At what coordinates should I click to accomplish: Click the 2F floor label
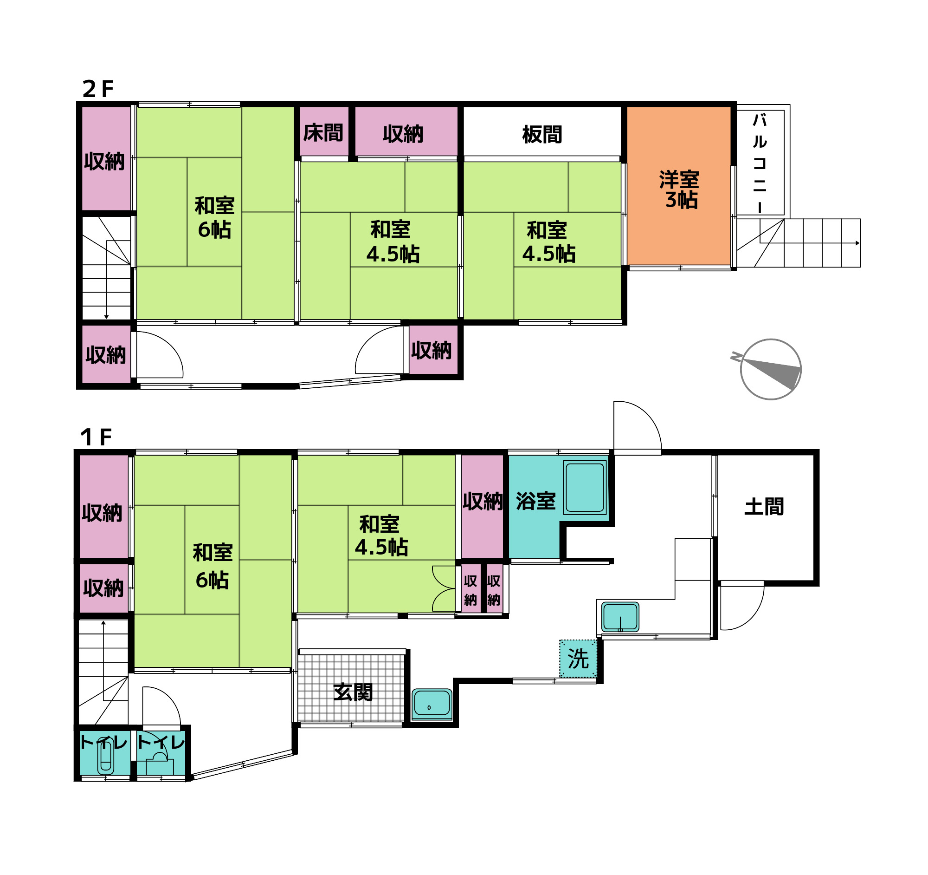[98, 89]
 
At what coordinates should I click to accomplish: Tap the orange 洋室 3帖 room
[678, 186]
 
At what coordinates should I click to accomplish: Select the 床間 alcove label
[323, 133]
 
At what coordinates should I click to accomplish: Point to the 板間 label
[542, 135]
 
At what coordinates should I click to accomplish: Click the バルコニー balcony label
[760, 163]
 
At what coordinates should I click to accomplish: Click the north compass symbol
[770, 369]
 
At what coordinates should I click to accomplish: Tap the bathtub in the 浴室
[585, 487]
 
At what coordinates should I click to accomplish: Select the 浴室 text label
[535, 501]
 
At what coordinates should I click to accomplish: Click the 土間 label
[764, 507]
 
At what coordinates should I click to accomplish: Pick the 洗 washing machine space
[578, 659]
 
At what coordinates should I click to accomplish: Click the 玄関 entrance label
[353, 692]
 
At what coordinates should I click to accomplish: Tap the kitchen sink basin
[620, 617]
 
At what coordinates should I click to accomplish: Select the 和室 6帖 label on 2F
[214, 218]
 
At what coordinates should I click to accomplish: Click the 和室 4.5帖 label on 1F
[381, 536]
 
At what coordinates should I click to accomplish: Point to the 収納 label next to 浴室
[483, 501]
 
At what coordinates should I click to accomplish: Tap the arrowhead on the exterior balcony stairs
[857, 243]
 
